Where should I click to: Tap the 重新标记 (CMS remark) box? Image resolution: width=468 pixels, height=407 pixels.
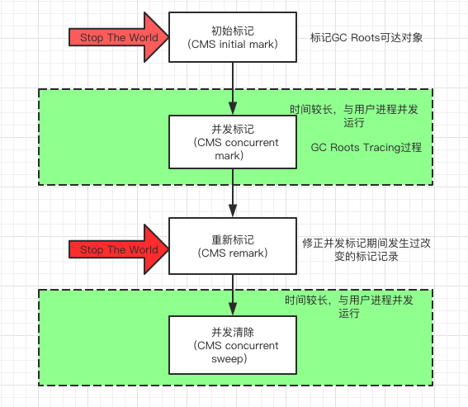[232, 245]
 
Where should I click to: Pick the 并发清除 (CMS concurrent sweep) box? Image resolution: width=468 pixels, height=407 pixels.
[232, 344]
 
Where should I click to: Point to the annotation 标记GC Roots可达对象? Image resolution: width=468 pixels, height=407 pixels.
[366, 38]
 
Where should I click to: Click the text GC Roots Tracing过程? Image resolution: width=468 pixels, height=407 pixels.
[366, 147]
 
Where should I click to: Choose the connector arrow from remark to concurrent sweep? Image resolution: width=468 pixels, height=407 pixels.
[233, 294]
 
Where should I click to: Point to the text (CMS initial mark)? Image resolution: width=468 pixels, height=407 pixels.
[232, 44]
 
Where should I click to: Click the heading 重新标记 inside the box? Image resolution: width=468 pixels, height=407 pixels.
[232, 239]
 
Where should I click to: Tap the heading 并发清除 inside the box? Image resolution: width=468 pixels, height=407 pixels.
[232, 332]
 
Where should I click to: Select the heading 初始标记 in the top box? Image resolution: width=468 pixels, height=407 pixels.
[232, 31]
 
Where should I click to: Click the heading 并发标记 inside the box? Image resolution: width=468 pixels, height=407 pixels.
[232, 130]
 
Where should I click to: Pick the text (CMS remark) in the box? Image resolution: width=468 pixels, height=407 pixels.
[232, 253]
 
